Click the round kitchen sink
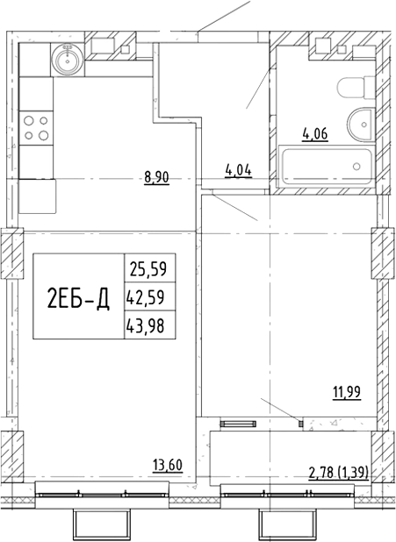[68, 60]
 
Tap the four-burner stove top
[36, 128]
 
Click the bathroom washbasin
[361, 125]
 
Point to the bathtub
[327, 167]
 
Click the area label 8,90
[156, 178]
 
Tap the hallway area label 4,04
[238, 171]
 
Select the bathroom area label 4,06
[315, 134]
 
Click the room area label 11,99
[347, 393]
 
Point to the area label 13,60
[168, 466]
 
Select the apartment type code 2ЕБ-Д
[78, 299]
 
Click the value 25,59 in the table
[148, 269]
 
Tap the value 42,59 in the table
[146, 297]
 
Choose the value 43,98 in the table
[146, 325]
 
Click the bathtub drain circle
[356, 167]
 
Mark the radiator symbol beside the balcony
[238, 424]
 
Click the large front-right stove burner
[44, 135]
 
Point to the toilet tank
[370, 88]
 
